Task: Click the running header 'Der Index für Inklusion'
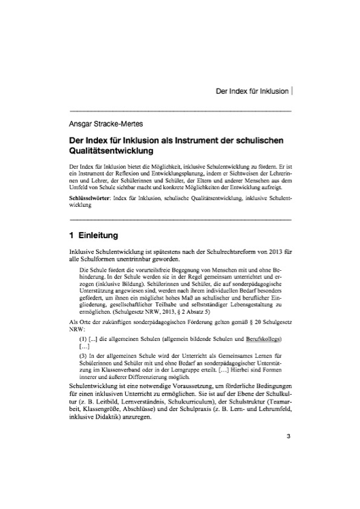[x=252, y=90]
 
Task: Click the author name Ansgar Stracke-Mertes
[x=102, y=124]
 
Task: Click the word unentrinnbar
[x=140, y=261]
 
